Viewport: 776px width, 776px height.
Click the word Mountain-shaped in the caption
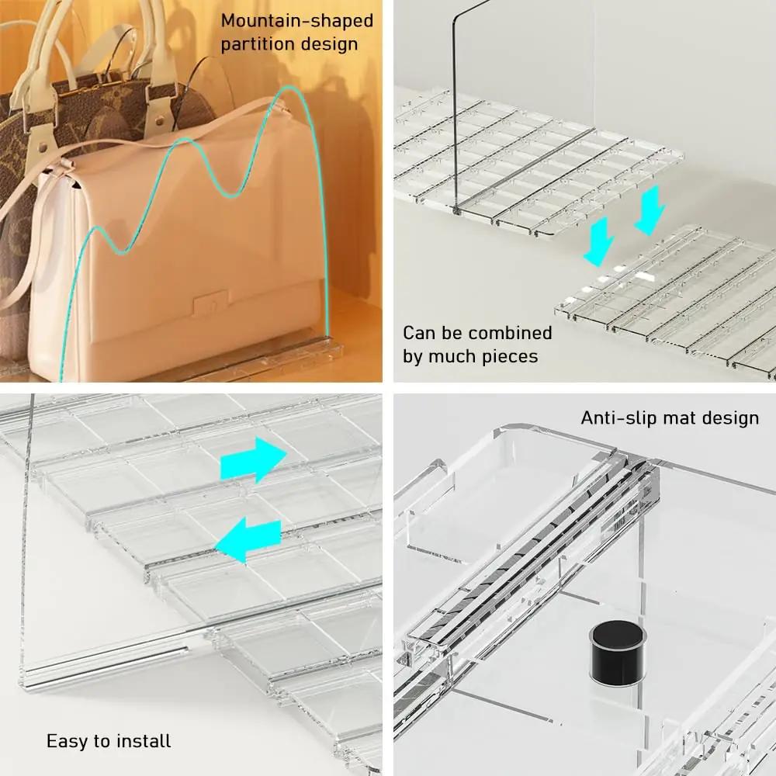point(297,21)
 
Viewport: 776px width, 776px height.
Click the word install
point(144,741)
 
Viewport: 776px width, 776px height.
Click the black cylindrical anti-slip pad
point(618,653)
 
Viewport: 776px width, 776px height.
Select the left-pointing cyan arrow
point(248,539)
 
